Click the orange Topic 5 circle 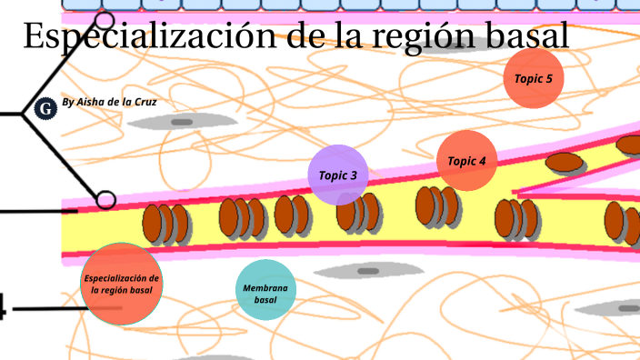534,78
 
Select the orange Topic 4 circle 466,161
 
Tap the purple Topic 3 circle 338,175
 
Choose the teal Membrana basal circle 265,290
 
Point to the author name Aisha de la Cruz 109,102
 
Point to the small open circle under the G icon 106,199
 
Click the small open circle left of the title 105,20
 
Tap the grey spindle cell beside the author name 182,122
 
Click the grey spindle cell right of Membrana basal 367,270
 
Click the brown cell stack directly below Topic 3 356,213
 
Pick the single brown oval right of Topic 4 565,163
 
